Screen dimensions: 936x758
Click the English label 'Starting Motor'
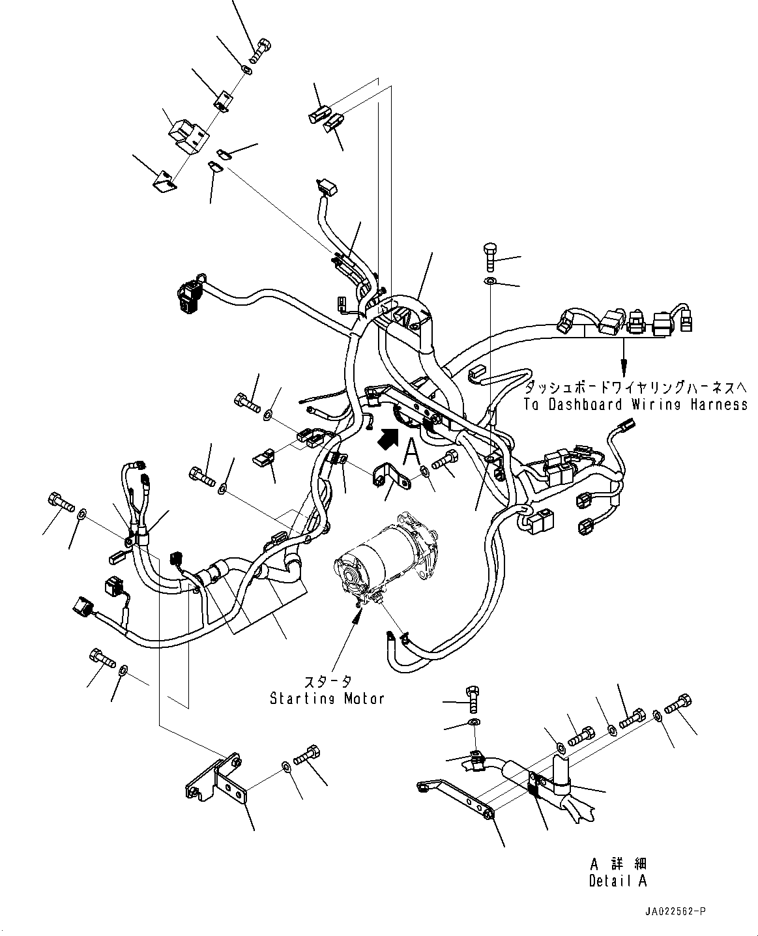(327, 699)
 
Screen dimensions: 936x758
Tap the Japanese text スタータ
(328, 682)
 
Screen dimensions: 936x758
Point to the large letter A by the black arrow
(411, 449)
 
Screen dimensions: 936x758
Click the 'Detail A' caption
(618, 881)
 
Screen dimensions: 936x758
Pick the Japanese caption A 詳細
(618, 864)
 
